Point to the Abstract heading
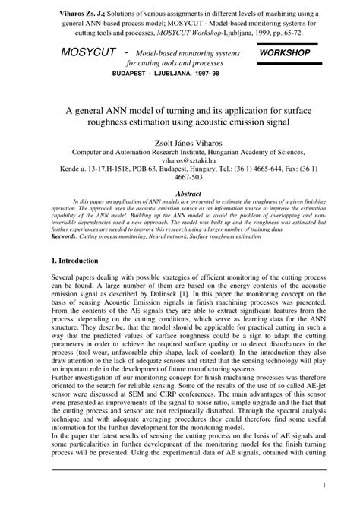tap(180, 194)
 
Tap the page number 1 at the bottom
tap(324, 484)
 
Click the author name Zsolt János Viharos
tap(180, 151)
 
